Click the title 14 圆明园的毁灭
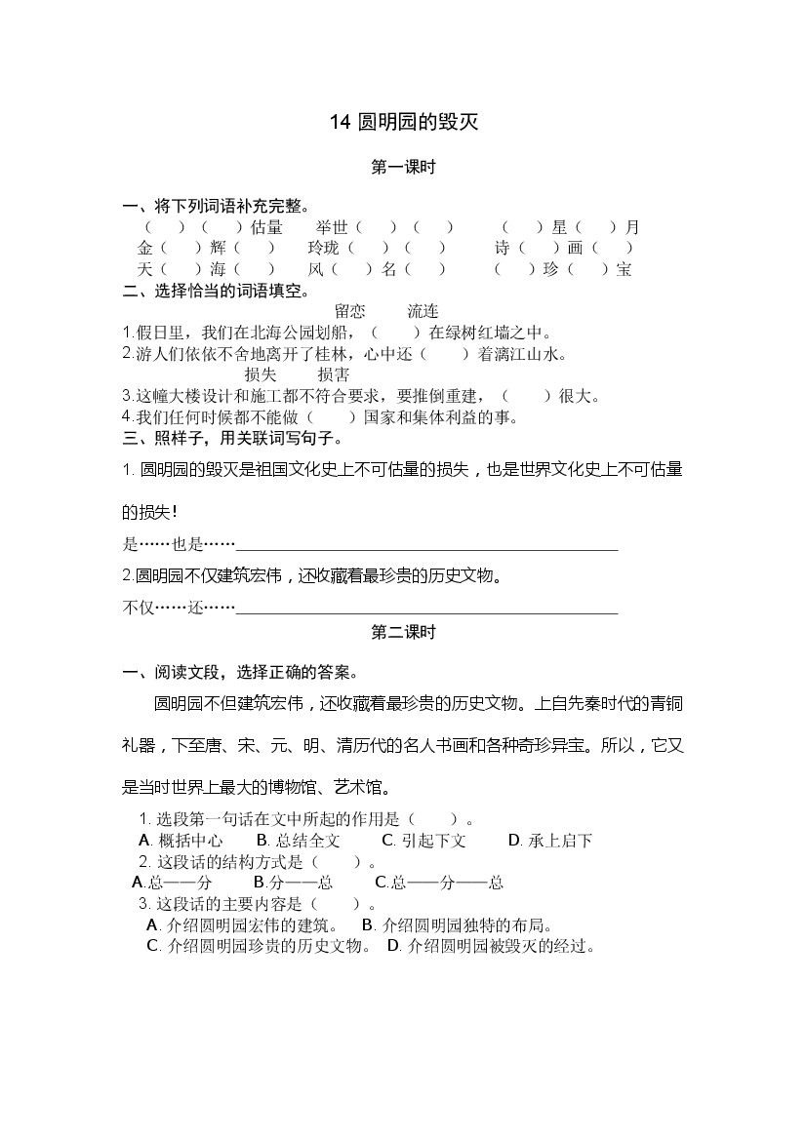coord(403,122)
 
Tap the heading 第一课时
coord(403,167)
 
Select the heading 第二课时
coord(403,632)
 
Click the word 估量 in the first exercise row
coord(266,227)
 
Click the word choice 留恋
coord(350,311)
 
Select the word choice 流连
coord(423,311)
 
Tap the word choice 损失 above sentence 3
coord(261,374)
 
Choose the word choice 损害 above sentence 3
coord(334,374)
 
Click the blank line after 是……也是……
coord(426,548)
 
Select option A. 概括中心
coord(181,840)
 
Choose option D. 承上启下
coord(550,840)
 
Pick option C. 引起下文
coord(423,840)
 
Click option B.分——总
coord(293,883)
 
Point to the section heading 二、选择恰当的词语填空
coord(216,290)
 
